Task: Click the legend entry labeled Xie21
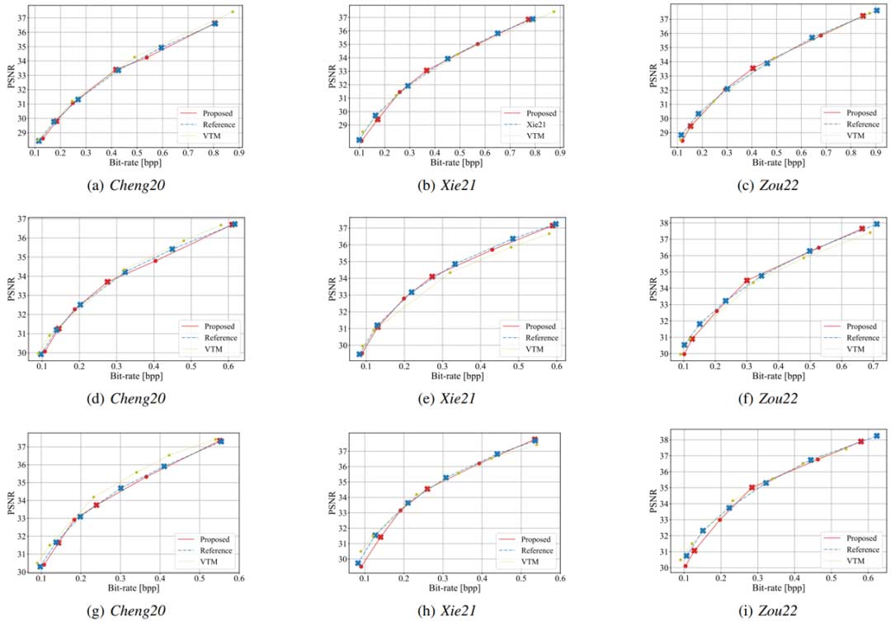tap(540, 125)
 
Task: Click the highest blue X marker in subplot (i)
tap(876, 436)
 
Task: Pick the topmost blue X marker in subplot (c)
tap(877, 11)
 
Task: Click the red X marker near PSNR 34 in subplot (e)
tap(432, 277)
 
